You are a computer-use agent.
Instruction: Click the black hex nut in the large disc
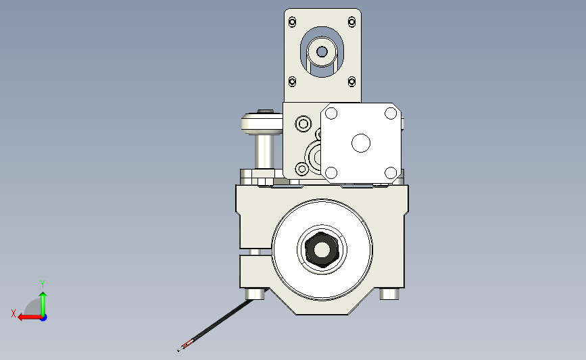coord(322,250)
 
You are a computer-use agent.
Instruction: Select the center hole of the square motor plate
coord(361,143)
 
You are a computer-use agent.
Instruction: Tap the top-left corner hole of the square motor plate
coord(331,113)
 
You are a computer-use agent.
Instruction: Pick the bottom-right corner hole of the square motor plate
coord(391,172)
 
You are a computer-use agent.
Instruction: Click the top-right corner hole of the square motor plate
coord(391,113)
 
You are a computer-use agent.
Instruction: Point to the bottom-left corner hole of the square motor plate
coord(331,172)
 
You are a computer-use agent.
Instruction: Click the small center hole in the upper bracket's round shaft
coord(322,51)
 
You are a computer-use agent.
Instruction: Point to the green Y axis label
coord(42,284)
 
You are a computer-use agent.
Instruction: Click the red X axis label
coord(14,313)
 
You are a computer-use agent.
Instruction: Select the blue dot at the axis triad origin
coord(43,317)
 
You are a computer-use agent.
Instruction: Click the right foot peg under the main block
coord(389,294)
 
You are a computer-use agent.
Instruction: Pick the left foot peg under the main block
coord(254,294)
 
